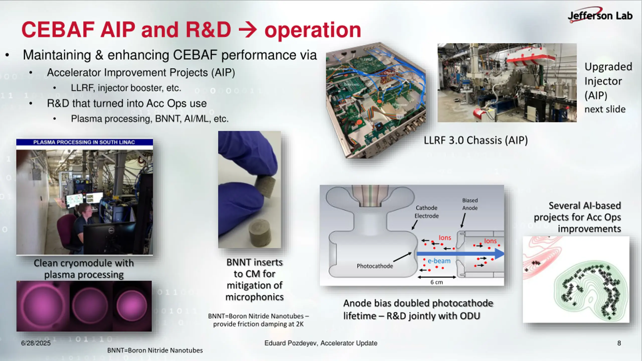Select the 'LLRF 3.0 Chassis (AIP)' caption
[476, 140]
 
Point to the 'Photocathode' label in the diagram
[375, 266]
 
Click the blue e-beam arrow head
[499, 254]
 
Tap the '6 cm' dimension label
[437, 282]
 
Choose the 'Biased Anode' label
[470, 204]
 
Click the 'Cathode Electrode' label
[426, 212]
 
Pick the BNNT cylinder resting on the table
[260, 233]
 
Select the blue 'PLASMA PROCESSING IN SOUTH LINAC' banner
[85, 142]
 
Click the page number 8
[619, 343]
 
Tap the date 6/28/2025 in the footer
[36, 343]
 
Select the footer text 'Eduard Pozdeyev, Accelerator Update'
[321, 343]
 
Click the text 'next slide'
[605, 109]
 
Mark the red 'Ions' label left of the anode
[445, 238]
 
